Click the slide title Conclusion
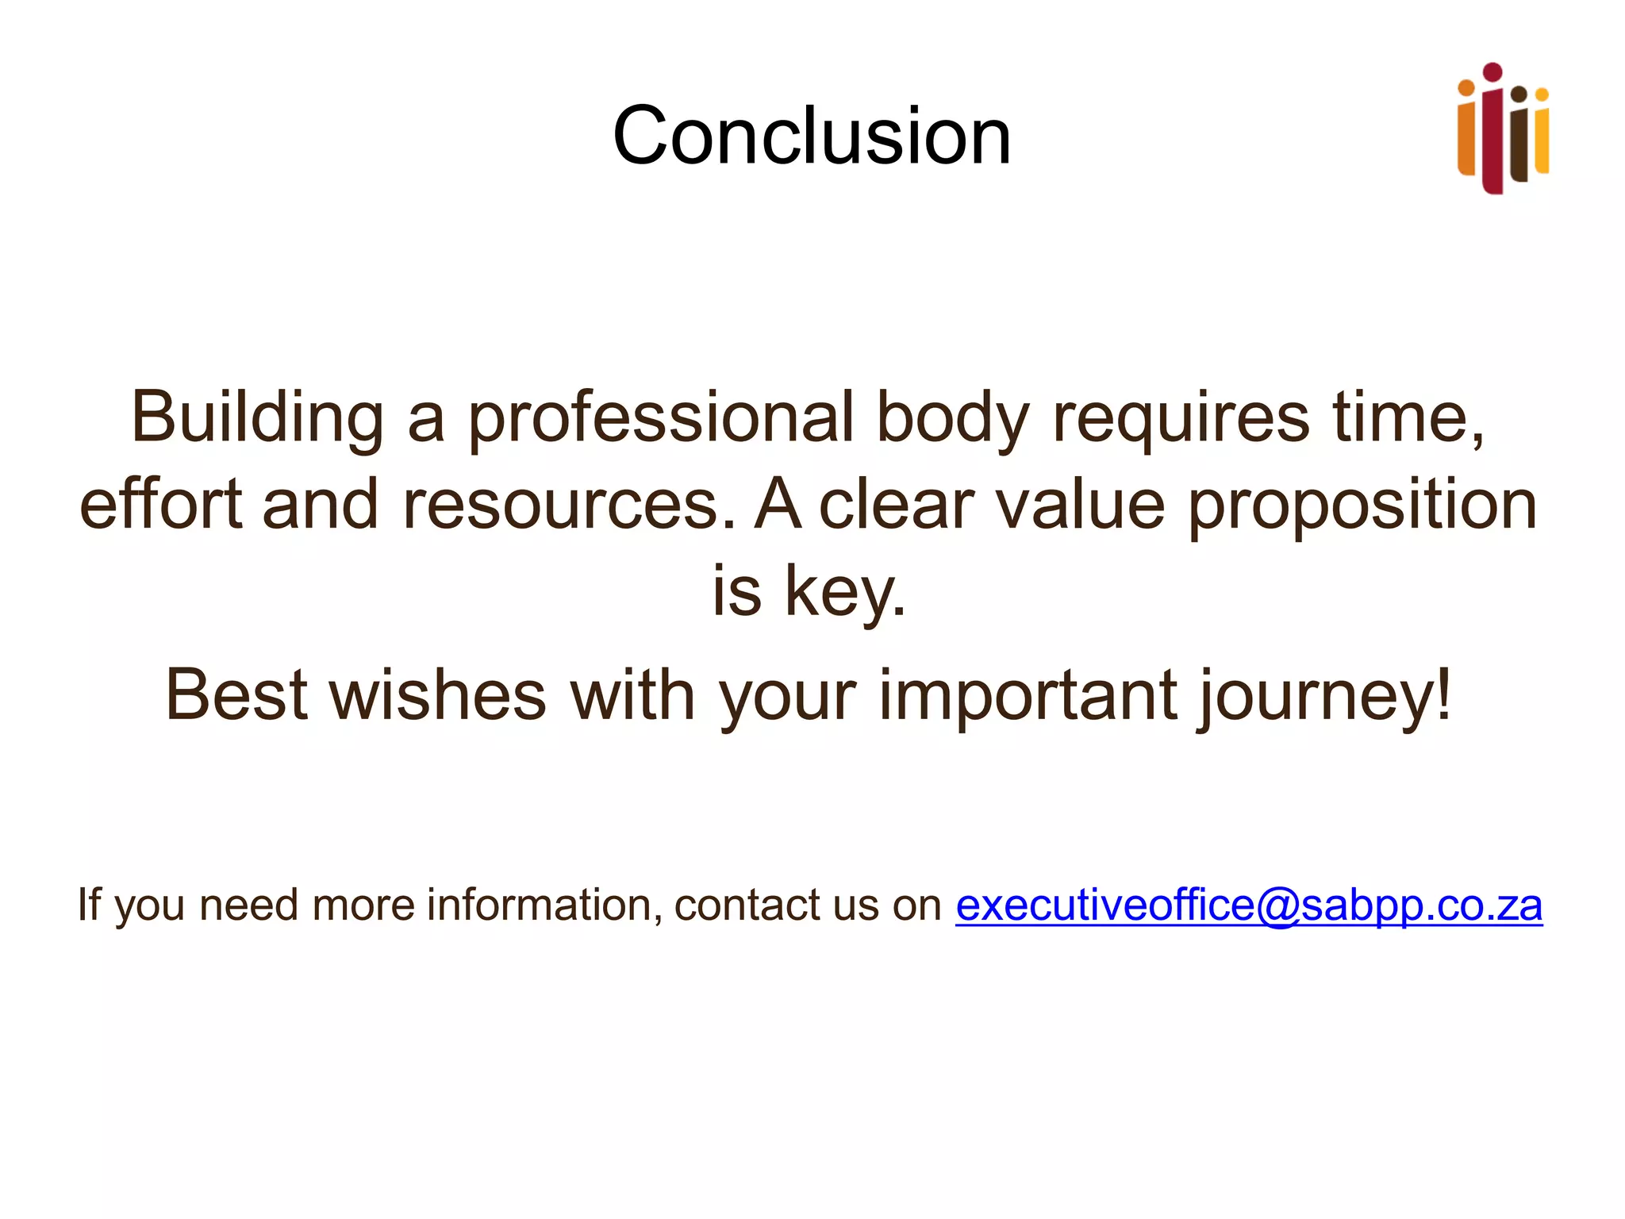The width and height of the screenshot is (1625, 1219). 812,137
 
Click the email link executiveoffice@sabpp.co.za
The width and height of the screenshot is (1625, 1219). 1248,906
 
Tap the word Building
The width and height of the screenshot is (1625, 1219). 257,417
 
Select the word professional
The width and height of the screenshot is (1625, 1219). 660,419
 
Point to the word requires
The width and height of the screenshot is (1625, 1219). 1181,419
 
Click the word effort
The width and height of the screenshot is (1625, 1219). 161,505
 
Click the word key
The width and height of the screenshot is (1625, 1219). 844,592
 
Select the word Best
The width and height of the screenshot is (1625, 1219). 236,695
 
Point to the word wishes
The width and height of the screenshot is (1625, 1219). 438,695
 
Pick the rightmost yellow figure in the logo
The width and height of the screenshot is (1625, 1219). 1541,135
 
